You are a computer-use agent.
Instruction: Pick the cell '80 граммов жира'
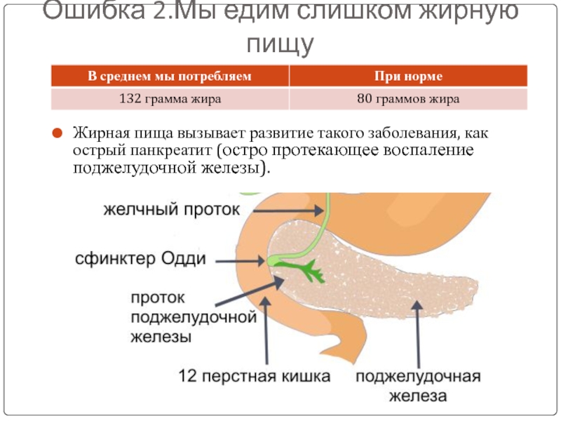407,99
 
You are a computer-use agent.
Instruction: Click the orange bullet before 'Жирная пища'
58,131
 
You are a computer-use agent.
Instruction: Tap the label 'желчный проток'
173,210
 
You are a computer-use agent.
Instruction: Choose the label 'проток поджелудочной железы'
191,317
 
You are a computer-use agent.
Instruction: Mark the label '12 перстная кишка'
255,377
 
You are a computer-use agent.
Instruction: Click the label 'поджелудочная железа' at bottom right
419,386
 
